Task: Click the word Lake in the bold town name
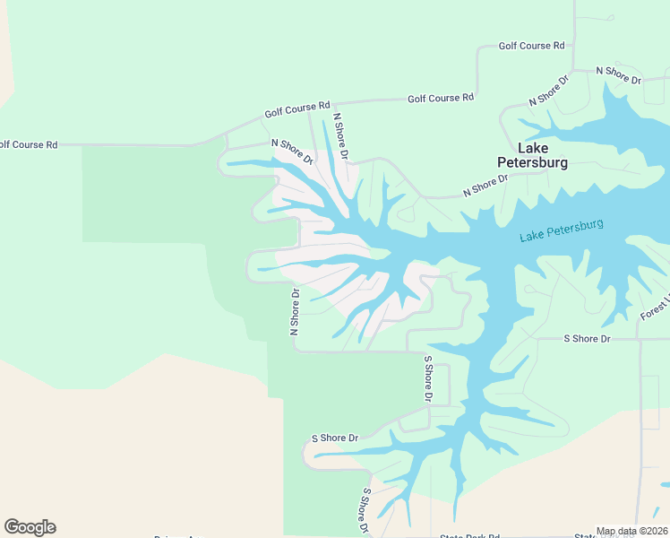point(533,148)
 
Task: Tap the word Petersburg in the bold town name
point(533,163)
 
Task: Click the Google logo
point(30,527)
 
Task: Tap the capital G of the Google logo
point(12,527)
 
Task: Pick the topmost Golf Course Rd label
point(532,46)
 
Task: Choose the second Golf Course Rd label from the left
point(297,109)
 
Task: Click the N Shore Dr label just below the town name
point(485,185)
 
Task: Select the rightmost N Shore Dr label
point(619,74)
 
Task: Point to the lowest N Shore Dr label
point(294,311)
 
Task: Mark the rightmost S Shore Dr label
point(587,339)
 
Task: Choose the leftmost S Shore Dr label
point(334,438)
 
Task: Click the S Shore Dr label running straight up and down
point(428,379)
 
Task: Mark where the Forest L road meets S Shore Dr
point(638,339)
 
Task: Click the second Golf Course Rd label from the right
point(441,98)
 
